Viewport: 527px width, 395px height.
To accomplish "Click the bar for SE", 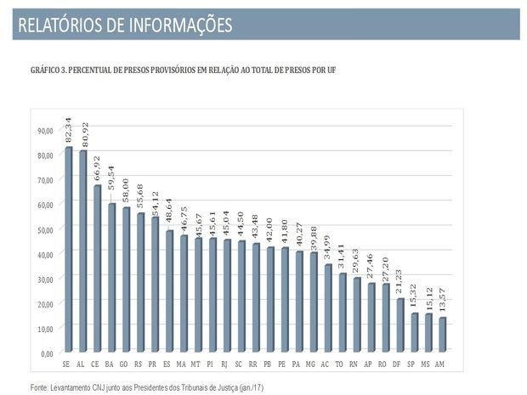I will [x=68, y=250].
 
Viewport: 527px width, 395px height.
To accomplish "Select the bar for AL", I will [x=82, y=251].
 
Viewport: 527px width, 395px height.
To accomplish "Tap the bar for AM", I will [x=442, y=336].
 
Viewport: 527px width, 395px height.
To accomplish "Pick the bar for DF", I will [x=399, y=325].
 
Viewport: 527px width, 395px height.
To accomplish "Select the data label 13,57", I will [x=443, y=302].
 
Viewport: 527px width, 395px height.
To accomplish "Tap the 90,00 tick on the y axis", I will [x=45, y=131].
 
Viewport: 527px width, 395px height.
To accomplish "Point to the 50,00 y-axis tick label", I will [x=45, y=229].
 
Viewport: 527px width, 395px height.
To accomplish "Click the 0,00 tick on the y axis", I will [x=47, y=353].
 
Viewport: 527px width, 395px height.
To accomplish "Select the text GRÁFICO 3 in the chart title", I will [x=52, y=70].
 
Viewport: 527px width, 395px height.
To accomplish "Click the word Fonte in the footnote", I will [x=40, y=387].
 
